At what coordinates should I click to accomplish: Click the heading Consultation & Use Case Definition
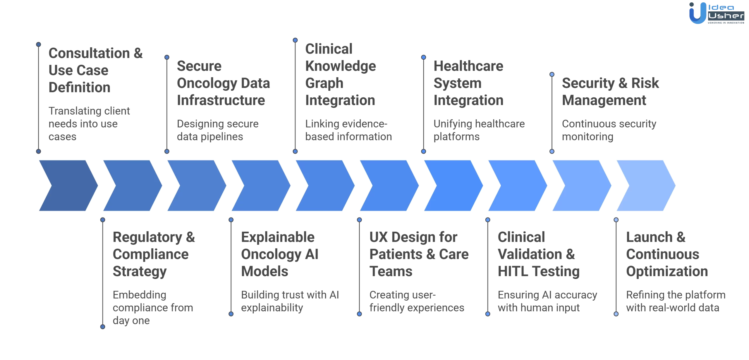[95, 70]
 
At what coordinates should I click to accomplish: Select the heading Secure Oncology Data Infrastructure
[223, 83]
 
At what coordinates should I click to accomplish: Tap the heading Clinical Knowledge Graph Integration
[340, 74]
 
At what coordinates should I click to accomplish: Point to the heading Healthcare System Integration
[468, 83]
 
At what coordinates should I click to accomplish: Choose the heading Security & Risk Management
[610, 92]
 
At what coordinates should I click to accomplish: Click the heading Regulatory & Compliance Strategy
[154, 254]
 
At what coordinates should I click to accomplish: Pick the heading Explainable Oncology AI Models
[279, 254]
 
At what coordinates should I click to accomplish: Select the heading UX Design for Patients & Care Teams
[419, 254]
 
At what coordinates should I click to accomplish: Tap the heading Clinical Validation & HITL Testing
[538, 254]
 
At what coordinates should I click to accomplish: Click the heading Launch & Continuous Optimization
[667, 254]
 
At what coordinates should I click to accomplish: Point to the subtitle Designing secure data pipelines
[217, 130]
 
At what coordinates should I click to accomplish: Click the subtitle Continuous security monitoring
[609, 130]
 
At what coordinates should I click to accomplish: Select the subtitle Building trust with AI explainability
[290, 301]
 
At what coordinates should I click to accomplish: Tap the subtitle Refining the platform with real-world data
[675, 301]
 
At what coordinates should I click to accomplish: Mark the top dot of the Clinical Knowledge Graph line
[295, 40]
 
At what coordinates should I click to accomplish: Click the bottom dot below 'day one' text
[103, 327]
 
